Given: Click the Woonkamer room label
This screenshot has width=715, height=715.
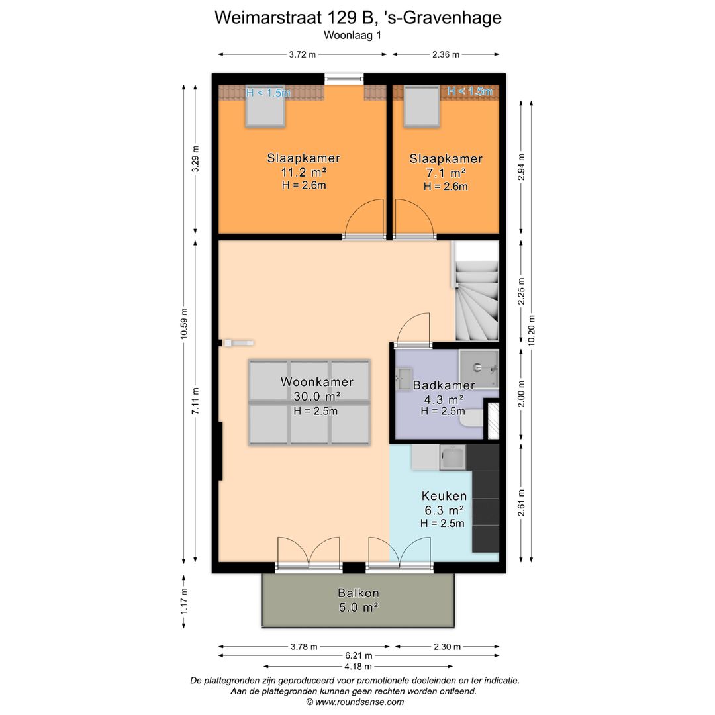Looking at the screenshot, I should point(316,382).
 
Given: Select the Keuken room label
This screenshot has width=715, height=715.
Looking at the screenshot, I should point(444,496).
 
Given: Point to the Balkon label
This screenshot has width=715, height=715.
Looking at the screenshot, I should point(358,593).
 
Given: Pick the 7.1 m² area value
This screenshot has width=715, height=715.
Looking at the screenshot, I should point(445,173).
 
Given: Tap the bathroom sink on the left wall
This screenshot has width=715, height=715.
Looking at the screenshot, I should point(404,379).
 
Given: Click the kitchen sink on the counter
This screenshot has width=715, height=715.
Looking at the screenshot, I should point(453,457).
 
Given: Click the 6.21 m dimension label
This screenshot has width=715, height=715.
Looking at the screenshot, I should point(359,656).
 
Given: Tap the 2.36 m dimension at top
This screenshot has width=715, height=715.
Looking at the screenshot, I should point(446,55).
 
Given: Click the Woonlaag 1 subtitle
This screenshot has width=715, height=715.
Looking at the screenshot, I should point(353,36).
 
